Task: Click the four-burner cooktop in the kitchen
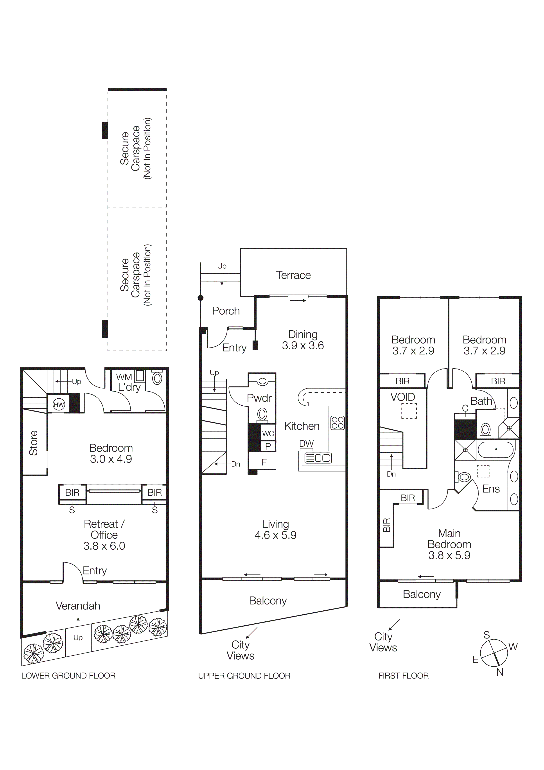[337, 423]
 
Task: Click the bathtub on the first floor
[496, 450]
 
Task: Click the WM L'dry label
[128, 382]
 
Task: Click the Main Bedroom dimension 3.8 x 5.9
[449, 555]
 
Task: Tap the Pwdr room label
[259, 398]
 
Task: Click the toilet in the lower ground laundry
[157, 378]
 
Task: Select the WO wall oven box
[268, 433]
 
